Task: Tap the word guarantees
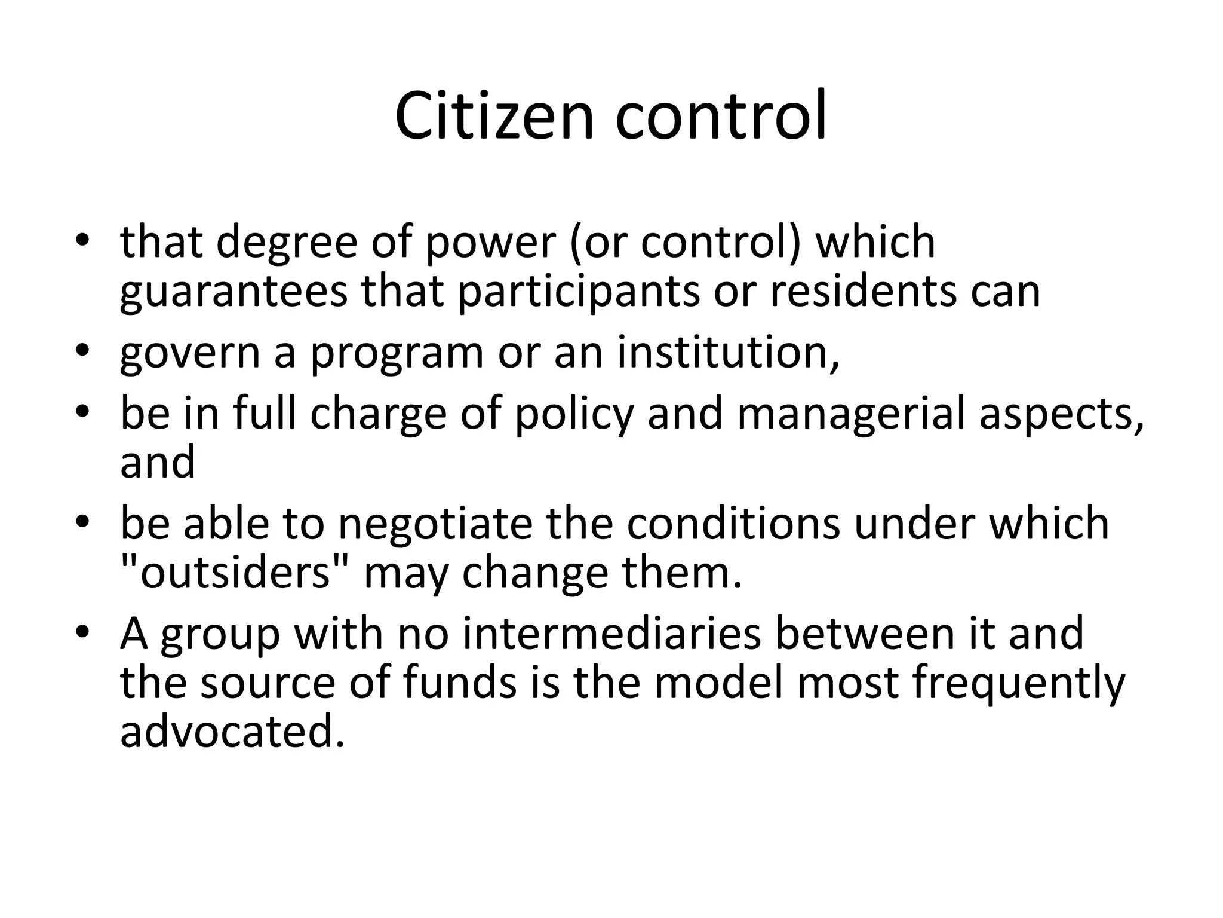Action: pyautogui.click(x=233, y=292)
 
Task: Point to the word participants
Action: pyautogui.click(x=578, y=292)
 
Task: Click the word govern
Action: pyautogui.click(x=190, y=354)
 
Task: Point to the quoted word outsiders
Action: pyautogui.click(x=235, y=573)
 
